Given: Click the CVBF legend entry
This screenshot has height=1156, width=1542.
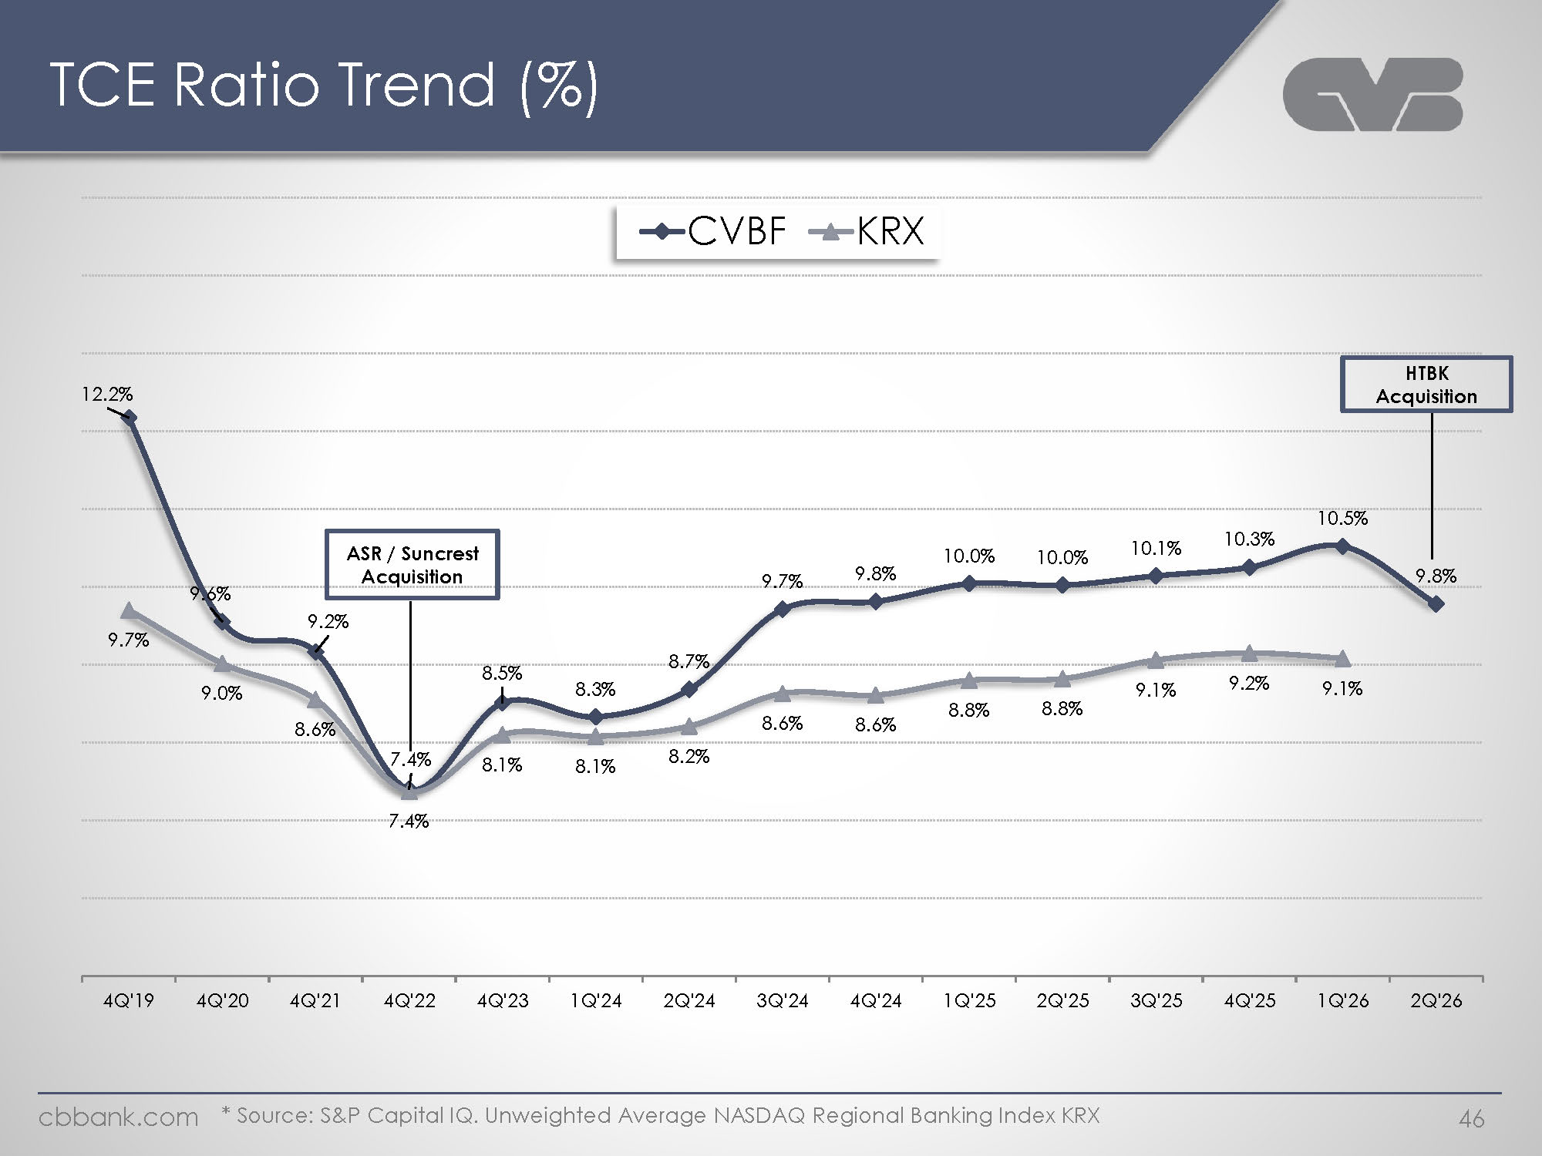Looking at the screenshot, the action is [713, 230].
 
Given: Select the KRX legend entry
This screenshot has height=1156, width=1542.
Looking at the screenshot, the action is [867, 230].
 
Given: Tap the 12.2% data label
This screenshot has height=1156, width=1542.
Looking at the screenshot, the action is [107, 395].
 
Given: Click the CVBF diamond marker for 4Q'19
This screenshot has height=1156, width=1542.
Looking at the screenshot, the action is [130, 418].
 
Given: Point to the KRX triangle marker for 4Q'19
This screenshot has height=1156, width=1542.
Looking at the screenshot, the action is [130, 610].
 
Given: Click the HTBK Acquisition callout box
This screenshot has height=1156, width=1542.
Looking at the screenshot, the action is [1426, 385].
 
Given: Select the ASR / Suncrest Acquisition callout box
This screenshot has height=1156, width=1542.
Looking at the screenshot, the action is [412, 565].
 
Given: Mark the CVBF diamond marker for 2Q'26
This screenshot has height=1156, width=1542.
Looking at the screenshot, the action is [1436, 604].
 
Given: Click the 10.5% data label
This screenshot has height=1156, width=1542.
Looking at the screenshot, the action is [1342, 518].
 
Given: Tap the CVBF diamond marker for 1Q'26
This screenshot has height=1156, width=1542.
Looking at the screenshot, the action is [1342, 546].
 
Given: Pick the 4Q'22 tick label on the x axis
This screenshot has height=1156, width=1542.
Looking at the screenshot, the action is [409, 1001].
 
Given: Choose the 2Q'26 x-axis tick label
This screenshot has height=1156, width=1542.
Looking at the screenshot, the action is [1436, 1001].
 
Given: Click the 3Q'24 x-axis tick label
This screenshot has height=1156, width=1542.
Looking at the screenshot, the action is [783, 1001].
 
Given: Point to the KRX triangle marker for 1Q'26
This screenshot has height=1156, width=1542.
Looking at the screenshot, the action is [1342, 659].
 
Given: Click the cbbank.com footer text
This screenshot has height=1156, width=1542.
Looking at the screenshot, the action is [118, 1117].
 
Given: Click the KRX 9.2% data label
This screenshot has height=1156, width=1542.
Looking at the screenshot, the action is [1249, 683].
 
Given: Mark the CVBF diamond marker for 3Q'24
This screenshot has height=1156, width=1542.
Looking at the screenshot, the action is [783, 610].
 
